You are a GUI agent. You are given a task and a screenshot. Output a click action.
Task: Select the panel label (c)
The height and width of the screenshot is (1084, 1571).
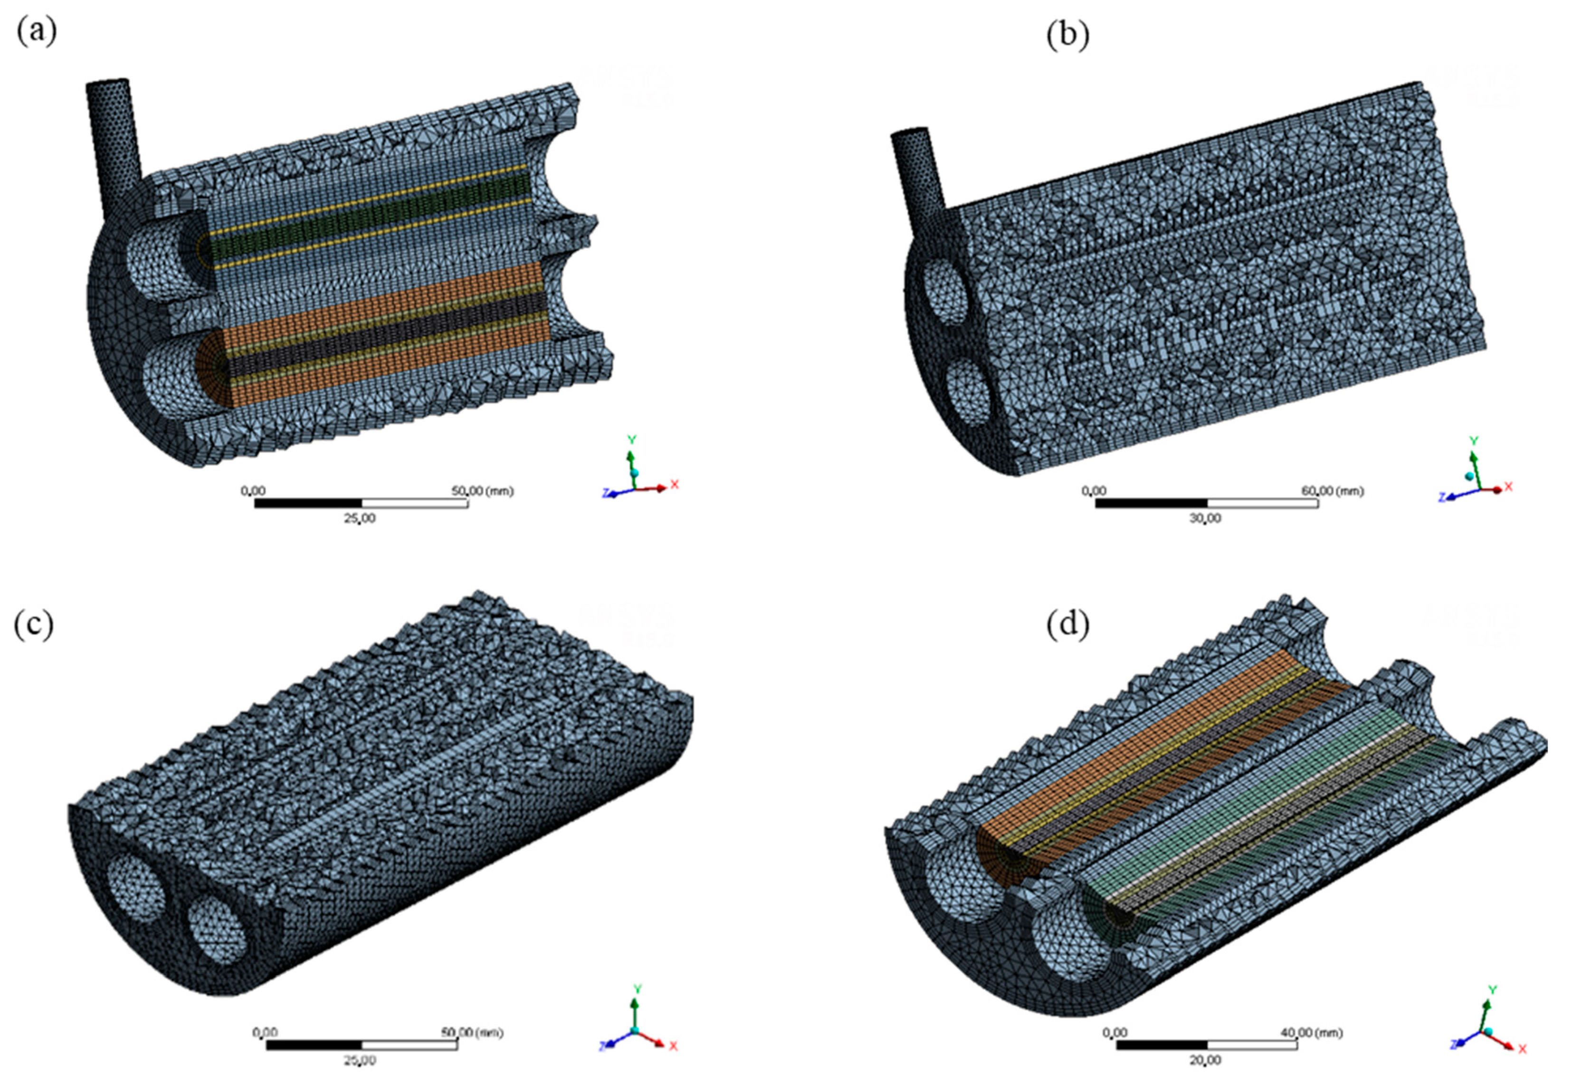pos(33,624)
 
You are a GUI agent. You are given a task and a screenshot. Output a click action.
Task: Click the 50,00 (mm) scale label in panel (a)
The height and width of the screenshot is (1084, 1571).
pos(482,490)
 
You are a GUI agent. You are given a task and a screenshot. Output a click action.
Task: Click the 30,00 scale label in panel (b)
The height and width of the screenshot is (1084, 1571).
pos(1206,518)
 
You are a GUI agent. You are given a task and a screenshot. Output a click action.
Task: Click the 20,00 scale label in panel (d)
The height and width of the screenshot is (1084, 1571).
pos(1206,1060)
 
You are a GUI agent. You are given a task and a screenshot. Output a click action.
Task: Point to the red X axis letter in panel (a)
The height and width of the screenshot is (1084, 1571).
pos(675,484)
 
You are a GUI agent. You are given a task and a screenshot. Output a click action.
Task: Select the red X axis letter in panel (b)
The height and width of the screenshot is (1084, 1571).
pos(1508,486)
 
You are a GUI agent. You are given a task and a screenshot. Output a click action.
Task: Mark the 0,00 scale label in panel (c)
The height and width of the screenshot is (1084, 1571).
pos(266,1032)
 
